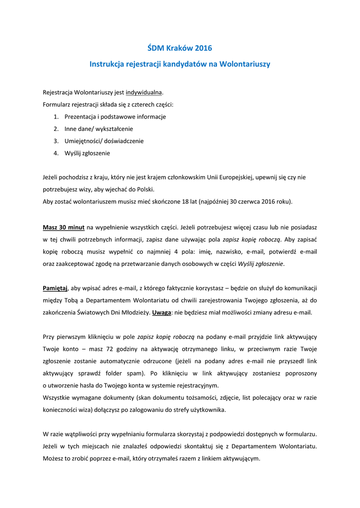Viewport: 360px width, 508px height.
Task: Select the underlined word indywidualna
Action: [144, 93]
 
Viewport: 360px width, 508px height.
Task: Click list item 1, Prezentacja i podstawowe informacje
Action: [115, 117]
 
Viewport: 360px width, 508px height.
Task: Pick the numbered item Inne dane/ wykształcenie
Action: [98, 129]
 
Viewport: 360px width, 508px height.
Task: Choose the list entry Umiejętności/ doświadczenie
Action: [104, 141]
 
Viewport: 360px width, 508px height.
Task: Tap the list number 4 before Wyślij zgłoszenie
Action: [56, 153]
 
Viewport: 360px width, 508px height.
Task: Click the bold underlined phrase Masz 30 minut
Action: [64, 227]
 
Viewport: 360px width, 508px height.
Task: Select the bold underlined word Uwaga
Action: [162, 313]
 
